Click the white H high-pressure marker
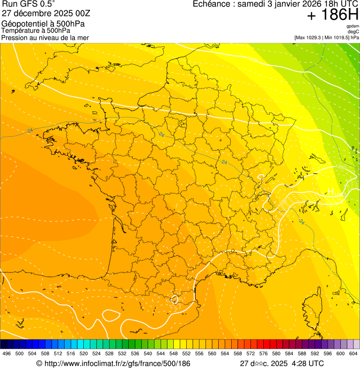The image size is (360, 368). point(330,191)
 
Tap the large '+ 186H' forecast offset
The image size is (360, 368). point(332,15)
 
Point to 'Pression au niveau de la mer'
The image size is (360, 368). point(45,37)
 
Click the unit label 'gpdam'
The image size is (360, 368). point(353,27)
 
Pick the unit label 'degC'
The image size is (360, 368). point(353,32)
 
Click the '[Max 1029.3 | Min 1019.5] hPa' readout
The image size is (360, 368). point(326,37)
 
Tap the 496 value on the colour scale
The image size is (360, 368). point(7,353)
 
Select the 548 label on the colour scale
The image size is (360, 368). point(173,353)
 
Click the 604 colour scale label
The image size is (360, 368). point(353,353)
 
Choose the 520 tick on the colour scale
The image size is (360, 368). point(83,353)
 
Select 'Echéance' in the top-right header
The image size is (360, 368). point(214,4)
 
